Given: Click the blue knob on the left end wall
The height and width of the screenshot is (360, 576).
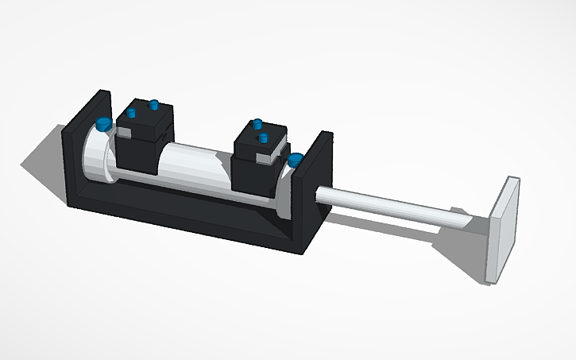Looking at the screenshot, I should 103,123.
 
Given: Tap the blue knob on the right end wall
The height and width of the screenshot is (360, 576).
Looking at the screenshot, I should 296,160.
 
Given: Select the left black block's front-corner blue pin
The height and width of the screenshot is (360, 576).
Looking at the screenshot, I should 131,113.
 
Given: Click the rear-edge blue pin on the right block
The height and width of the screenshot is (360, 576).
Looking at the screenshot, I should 257,124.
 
